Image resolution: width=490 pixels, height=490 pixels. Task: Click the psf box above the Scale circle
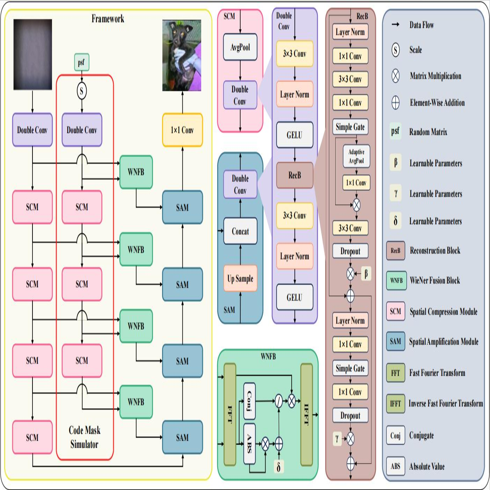[82, 63]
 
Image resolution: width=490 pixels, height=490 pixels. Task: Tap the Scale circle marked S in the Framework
[82, 91]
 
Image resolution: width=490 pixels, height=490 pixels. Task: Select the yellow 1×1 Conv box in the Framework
[182, 130]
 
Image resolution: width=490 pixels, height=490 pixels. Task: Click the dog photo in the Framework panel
[182, 56]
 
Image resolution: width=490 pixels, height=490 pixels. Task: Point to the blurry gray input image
[33, 54]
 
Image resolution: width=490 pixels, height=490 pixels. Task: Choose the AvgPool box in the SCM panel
[240, 47]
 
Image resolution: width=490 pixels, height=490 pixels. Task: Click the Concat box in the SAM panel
[240, 231]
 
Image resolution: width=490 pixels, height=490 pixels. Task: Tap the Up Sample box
[240, 278]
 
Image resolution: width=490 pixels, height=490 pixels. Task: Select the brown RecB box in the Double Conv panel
[294, 175]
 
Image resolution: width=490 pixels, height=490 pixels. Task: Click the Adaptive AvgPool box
[356, 156]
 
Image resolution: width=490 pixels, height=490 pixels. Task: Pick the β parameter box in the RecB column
[366, 273]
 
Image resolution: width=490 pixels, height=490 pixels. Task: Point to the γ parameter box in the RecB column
[337, 438]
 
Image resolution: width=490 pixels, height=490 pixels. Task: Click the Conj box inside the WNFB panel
[249, 401]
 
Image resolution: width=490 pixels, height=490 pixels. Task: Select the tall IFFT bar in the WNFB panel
[307, 415]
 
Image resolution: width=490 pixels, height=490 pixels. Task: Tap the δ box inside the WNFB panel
[278, 467]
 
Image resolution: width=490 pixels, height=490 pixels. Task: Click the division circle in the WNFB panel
[278, 401]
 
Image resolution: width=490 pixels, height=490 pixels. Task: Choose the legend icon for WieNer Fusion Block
[396, 280]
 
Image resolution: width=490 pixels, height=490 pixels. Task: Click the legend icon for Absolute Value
[395, 466]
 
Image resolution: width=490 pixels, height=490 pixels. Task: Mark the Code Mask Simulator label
[84, 437]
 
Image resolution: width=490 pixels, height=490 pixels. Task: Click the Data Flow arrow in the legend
[395, 24]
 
